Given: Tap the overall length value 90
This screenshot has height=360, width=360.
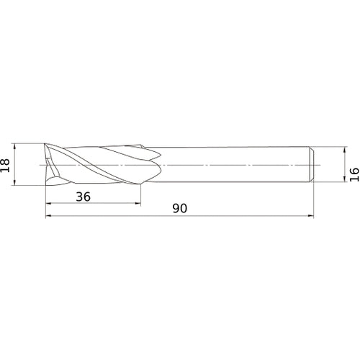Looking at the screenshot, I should click(180, 209).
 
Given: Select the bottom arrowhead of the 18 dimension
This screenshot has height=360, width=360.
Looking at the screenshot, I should click(15, 184).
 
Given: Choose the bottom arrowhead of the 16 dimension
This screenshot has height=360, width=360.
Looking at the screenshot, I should click(343, 180).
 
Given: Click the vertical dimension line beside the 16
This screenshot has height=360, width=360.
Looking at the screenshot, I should click(343, 165).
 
